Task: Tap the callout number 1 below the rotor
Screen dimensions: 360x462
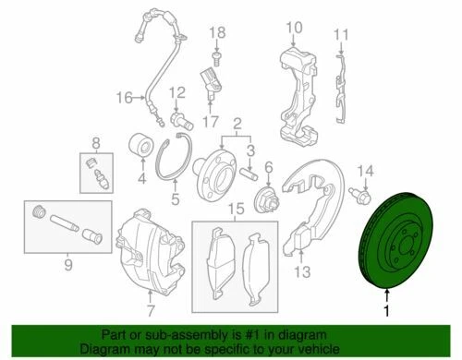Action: [388, 310]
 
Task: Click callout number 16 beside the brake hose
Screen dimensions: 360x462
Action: [125, 97]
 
